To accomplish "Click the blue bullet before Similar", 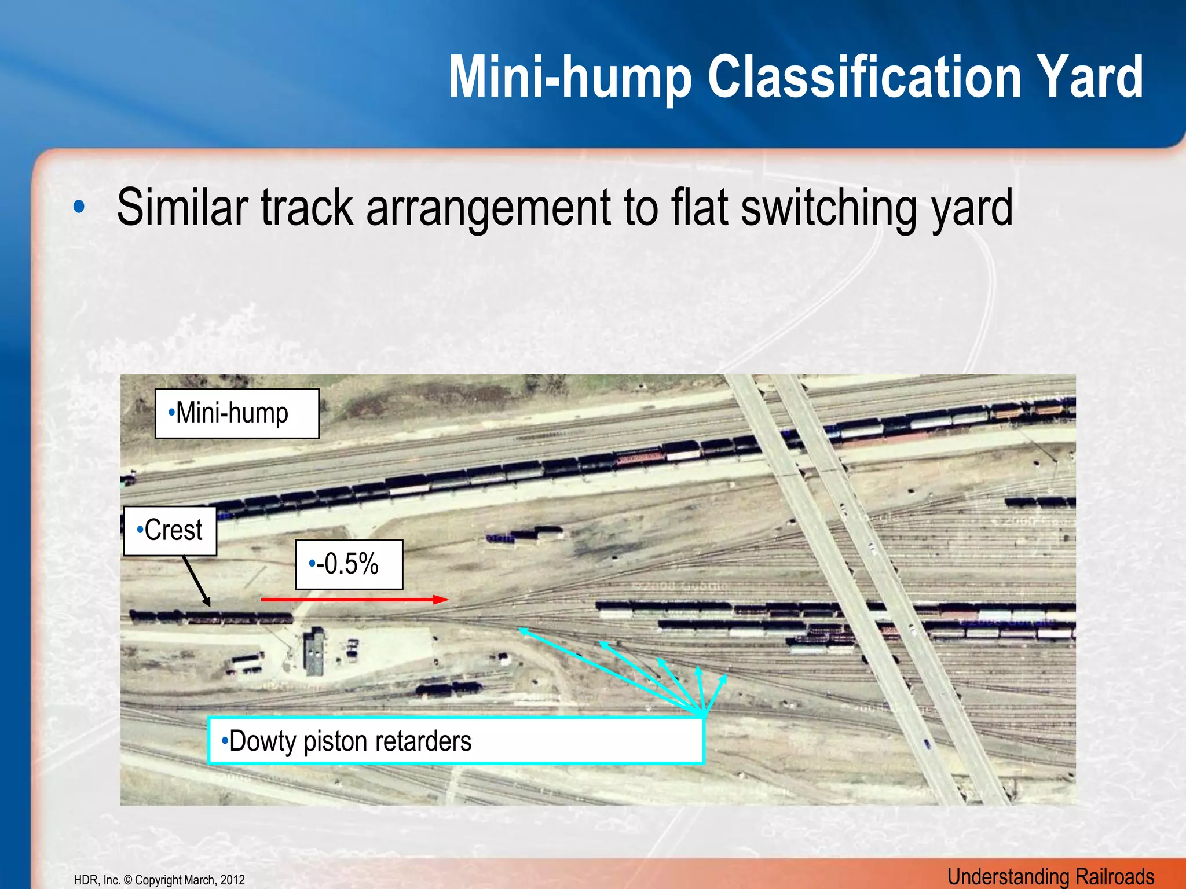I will click(79, 207).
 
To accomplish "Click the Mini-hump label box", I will click(237, 413).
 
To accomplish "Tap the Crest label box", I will click(170, 531).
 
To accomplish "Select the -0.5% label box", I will click(349, 564).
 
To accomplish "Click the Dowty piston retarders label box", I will click(455, 741).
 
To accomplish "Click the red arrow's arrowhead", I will click(443, 600).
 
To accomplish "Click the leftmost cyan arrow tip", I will click(521, 630).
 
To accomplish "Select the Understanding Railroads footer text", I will click(1050, 876).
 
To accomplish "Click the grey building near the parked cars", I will click(313, 650).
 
